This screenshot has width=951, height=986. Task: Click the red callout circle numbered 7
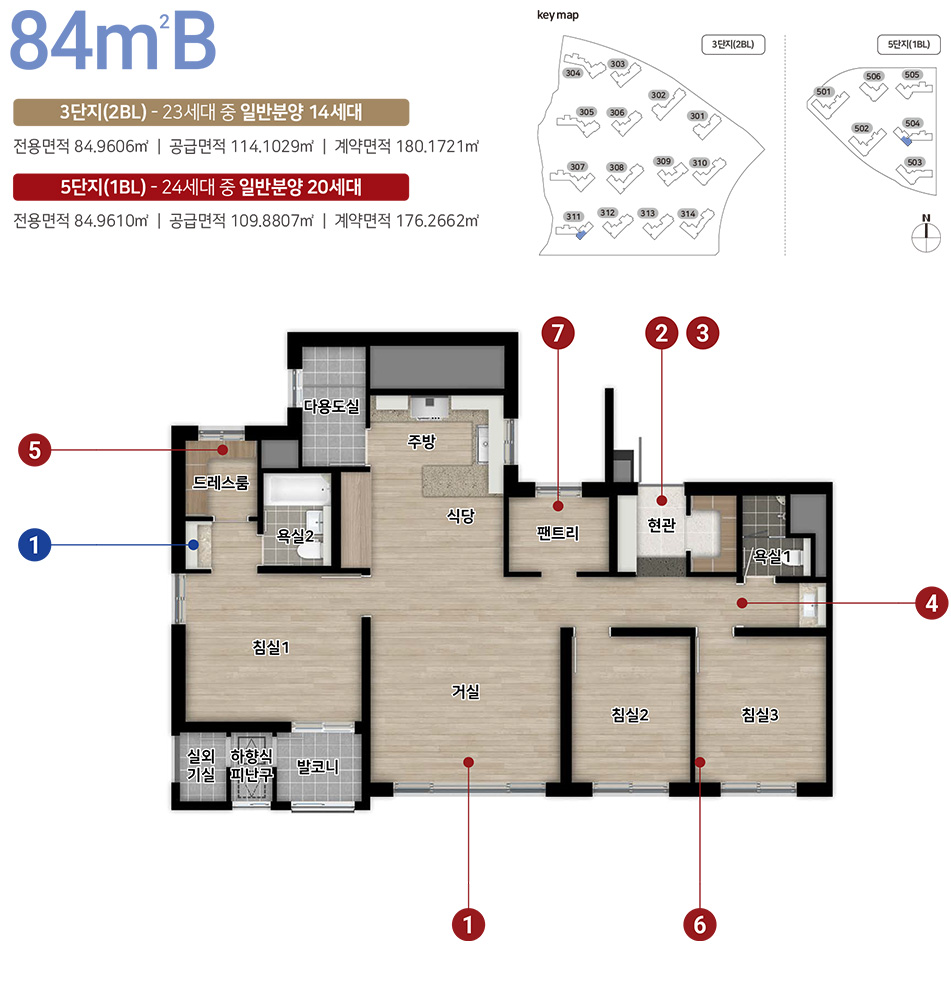point(558,333)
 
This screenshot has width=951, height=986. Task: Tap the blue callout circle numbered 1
point(35,545)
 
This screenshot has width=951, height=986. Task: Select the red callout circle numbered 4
point(932,603)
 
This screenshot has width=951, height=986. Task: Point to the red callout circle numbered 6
point(700,925)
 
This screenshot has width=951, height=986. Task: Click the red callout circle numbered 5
point(35,450)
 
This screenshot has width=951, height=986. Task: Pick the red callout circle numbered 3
point(703,333)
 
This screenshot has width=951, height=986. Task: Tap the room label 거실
point(465,692)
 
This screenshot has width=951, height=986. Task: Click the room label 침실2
point(630,715)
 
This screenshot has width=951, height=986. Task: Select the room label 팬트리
point(557,533)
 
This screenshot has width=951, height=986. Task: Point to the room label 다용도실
point(331,406)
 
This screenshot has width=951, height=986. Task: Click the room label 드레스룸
point(221,482)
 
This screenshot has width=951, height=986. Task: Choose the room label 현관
point(661,524)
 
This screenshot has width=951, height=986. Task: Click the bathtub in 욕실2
point(297,490)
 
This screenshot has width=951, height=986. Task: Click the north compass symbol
point(926,233)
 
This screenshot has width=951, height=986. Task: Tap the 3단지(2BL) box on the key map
point(733,45)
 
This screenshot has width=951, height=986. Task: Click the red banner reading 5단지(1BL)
point(211,187)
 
